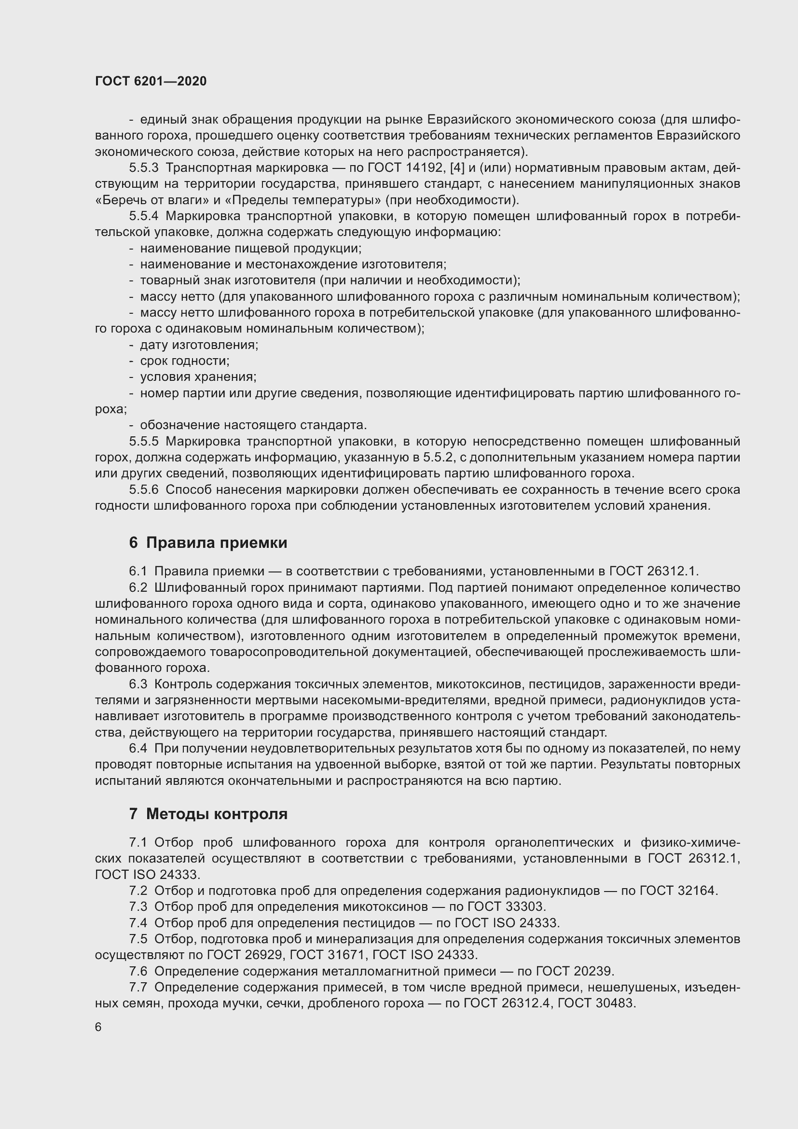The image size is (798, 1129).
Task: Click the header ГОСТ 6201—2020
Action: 151,81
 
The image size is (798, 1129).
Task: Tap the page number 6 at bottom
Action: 98,1027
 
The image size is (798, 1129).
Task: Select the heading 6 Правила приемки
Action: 208,543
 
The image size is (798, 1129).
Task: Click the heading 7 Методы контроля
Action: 208,814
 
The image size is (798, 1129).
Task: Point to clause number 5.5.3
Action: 143,167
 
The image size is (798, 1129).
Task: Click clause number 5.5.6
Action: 143,490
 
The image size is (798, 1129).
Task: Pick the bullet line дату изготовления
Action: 199,345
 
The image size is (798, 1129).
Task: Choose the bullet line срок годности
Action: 185,361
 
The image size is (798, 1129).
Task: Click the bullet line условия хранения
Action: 198,377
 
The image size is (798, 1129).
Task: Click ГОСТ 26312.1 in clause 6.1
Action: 653,571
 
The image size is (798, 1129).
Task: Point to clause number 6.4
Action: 138,749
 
